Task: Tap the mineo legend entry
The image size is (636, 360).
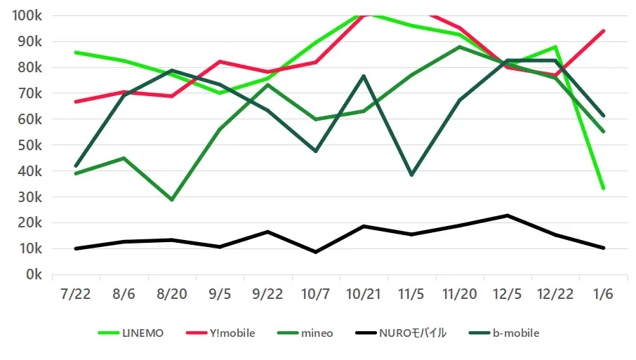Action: pos(311,333)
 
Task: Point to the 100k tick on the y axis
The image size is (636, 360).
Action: pos(27,15)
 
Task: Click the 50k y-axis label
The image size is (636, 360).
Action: pos(30,145)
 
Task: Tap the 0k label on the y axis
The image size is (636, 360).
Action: pos(34,274)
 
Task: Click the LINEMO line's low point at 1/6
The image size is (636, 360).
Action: pos(603,188)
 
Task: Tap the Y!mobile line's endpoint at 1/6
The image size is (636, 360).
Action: pos(603,31)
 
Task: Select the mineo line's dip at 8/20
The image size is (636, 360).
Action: pos(171,200)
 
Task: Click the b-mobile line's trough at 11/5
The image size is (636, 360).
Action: pos(411,175)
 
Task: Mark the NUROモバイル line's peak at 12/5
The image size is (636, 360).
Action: pos(507,215)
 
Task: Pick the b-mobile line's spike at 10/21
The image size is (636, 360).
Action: pos(363,76)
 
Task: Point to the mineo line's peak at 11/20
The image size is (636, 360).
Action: pos(459,47)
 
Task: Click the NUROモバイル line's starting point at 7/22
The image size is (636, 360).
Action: pos(75,248)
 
